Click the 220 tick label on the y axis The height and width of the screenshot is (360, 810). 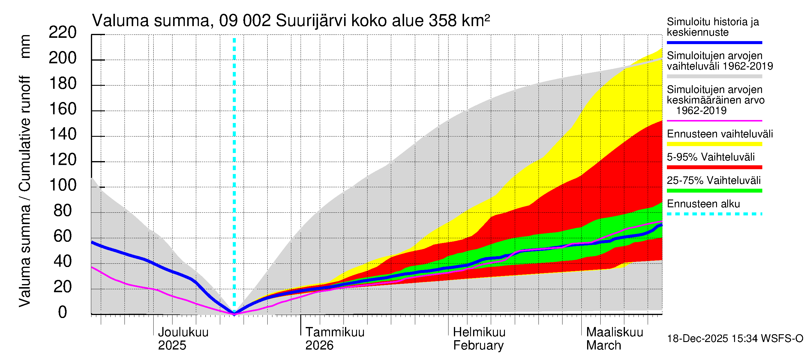[x=63, y=32]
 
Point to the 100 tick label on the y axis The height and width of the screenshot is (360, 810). [x=63, y=185]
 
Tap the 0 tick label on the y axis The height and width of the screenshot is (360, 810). [x=63, y=312]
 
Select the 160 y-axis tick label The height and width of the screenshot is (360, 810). [x=63, y=109]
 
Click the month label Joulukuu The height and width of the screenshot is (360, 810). [x=183, y=332]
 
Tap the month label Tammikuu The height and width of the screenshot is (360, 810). [x=335, y=332]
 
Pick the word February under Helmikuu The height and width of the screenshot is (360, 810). [x=478, y=345]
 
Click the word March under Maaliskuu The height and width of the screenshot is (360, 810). [x=603, y=345]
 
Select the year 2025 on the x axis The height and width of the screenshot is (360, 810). [x=172, y=345]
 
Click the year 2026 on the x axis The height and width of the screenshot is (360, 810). [x=319, y=345]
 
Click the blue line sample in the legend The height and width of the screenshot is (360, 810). [x=714, y=42]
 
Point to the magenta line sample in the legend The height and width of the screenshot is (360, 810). [x=714, y=120]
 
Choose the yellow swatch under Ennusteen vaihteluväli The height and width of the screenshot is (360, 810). [x=714, y=144]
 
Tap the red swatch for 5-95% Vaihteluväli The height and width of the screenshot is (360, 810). [x=714, y=167]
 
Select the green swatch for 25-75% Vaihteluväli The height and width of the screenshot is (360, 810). [x=714, y=190]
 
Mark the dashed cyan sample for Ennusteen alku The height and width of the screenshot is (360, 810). [x=714, y=214]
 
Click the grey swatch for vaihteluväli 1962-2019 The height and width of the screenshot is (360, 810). [x=714, y=76]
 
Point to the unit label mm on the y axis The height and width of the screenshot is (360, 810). [x=25, y=46]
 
